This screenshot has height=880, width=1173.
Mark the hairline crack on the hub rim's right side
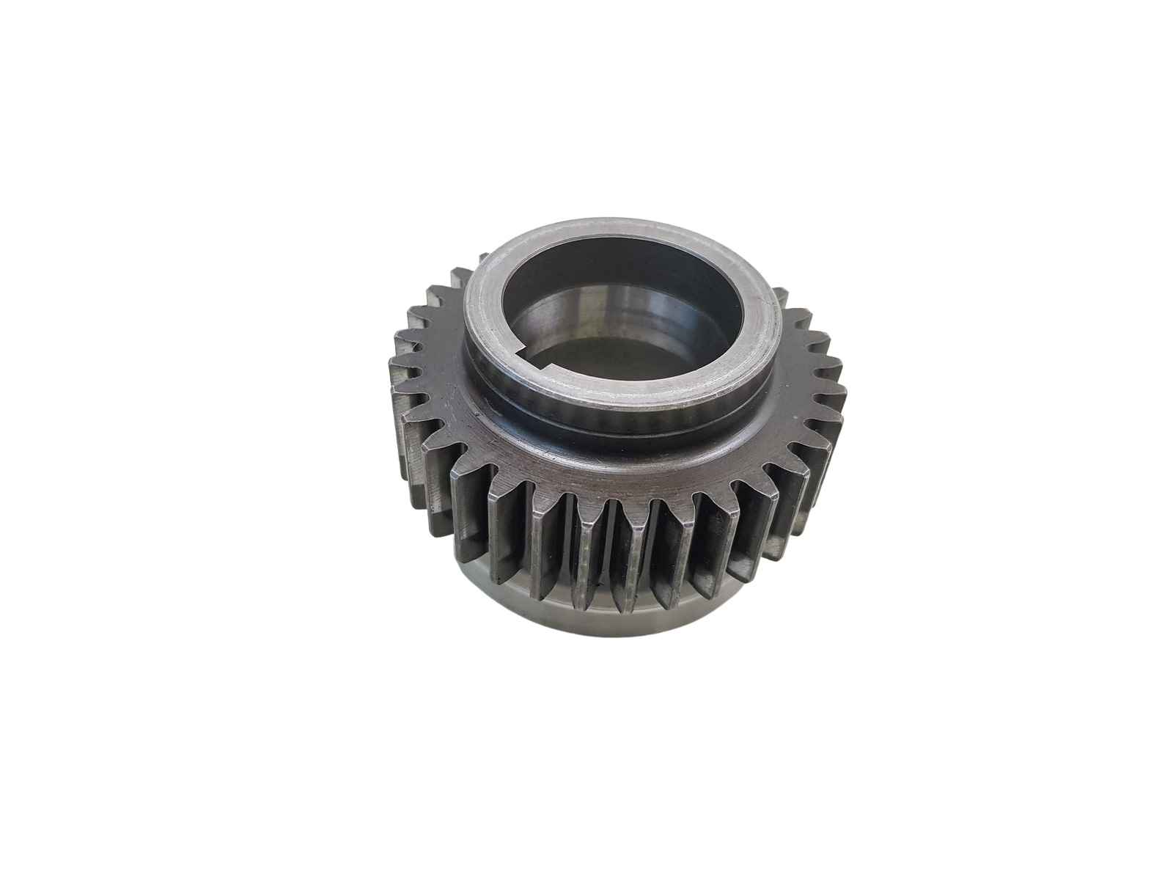(762, 308)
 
